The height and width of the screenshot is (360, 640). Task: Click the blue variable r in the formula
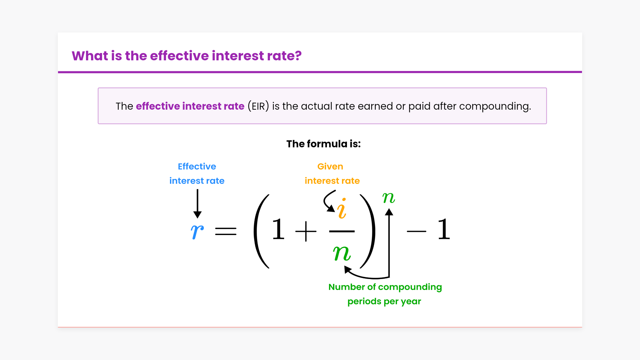point(197,231)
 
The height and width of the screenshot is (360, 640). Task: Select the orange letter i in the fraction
point(342,209)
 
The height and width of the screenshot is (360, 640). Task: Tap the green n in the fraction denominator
point(342,253)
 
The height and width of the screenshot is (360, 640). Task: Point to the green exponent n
point(389,198)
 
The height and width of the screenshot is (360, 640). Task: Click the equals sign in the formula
point(226,231)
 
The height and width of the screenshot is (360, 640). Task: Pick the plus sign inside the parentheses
point(306,231)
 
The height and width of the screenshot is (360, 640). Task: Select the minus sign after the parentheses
point(417,231)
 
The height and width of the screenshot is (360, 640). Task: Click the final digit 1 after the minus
point(444,229)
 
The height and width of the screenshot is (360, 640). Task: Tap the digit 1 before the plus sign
point(278,229)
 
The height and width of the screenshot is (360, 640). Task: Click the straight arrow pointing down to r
point(197,204)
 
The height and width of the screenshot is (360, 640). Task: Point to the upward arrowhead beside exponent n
point(389,212)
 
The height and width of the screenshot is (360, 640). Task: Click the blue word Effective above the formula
point(197,166)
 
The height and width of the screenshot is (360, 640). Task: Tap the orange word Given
point(330,166)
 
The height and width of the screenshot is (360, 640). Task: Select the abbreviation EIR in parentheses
point(258,106)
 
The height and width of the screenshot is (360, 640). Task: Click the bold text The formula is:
point(324,144)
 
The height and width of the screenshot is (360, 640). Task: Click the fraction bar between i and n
point(342,231)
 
